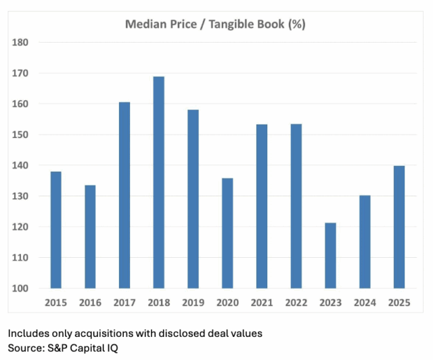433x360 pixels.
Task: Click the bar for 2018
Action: click(x=158, y=183)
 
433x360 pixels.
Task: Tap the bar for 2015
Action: click(x=55, y=230)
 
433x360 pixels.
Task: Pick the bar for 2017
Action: click(x=124, y=196)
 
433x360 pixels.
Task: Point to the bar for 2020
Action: click(x=227, y=233)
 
